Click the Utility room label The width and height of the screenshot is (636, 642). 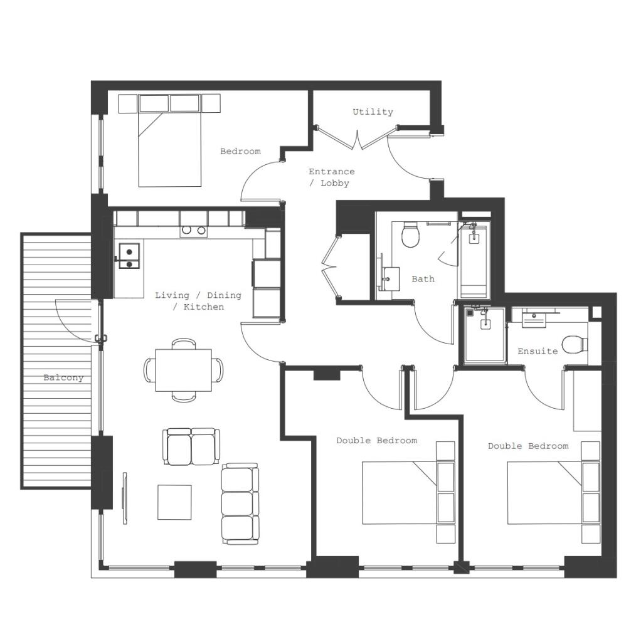click(x=373, y=112)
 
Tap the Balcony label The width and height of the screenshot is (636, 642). click(x=63, y=377)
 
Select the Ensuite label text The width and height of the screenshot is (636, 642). click(x=537, y=351)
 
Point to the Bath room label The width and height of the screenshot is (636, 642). click(x=423, y=278)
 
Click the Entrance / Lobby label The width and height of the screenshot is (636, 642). click(x=332, y=177)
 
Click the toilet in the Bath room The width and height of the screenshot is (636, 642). click(x=410, y=235)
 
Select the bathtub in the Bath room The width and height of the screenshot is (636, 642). click(x=474, y=260)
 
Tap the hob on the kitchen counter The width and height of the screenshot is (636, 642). click(x=193, y=230)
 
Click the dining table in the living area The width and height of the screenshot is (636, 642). click(x=183, y=369)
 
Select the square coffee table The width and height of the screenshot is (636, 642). click(x=174, y=502)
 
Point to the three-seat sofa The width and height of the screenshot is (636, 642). click(x=240, y=504)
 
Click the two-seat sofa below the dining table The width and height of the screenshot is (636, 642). click(x=191, y=446)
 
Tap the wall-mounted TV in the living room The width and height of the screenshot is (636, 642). click(x=124, y=498)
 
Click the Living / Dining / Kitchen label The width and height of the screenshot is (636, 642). click(x=198, y=301)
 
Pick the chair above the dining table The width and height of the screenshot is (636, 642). click(x=184, y=344)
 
